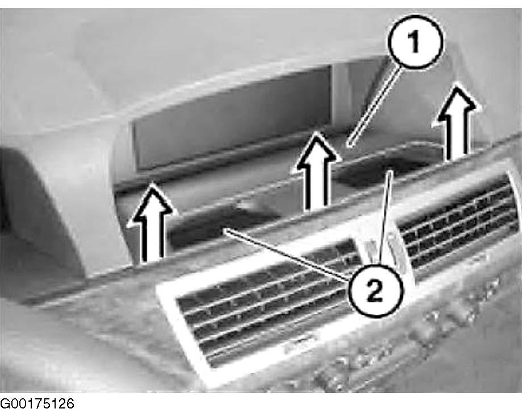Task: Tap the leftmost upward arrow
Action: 152,223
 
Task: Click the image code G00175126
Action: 37,404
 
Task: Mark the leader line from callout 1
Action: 374,106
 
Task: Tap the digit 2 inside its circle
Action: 375,290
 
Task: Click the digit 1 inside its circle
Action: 415,42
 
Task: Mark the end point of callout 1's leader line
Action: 348,146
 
